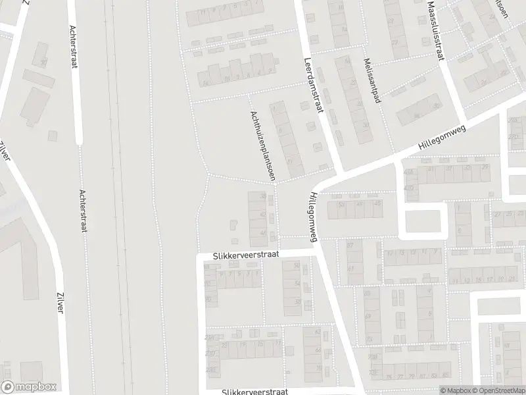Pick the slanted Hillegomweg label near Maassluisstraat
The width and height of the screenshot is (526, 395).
click(x=441, y=139)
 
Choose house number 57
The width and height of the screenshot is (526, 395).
click(x=350, y=245)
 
